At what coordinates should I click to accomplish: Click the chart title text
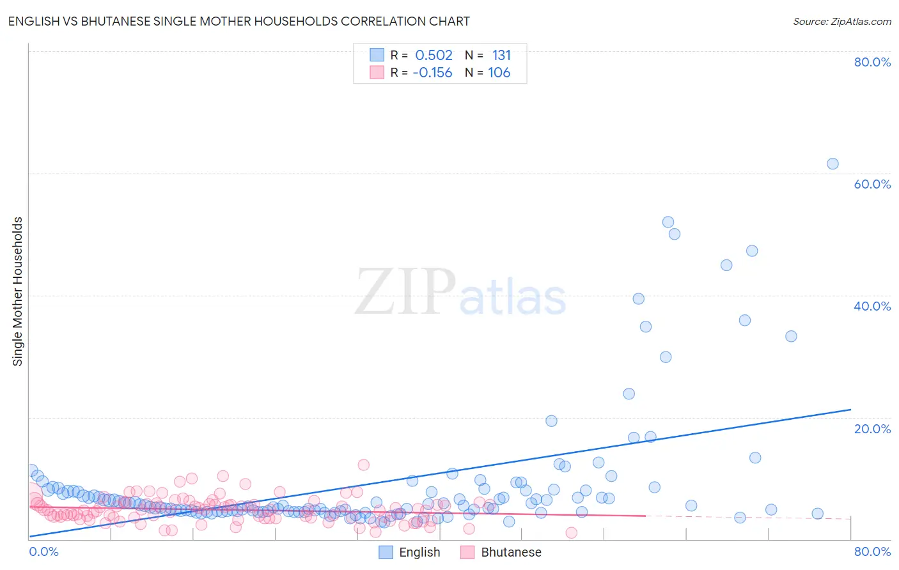[x=238, y=21]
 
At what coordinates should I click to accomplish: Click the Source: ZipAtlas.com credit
[x=841, y=21]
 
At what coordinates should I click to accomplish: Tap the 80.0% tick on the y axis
[x=872, y=62]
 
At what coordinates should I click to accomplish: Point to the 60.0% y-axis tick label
[x=872, y=184]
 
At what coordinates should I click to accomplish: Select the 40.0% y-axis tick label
[x=872, y=306]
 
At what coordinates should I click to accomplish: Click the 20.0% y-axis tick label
[x=872, y=429]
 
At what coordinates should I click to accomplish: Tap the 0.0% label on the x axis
[x=43, y=551]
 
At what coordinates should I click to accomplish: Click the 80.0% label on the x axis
[x=872, y=551]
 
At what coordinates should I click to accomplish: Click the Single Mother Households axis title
[x=18, y=291]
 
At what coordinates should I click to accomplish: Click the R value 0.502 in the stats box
[x=434, y=56]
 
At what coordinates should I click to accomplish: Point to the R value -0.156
[x=432, y=73]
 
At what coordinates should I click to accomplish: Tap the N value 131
[x=501, y=56]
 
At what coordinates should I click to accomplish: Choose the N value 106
[x=499, y=73]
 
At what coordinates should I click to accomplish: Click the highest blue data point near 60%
[x=833, y=164]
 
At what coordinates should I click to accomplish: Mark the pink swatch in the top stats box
[x=377, y=72]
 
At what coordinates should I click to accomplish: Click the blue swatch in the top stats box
[x=377, y=55]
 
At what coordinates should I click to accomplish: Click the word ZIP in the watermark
[x=405, y=292]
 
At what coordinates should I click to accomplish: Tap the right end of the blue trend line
[x=850, y=410]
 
